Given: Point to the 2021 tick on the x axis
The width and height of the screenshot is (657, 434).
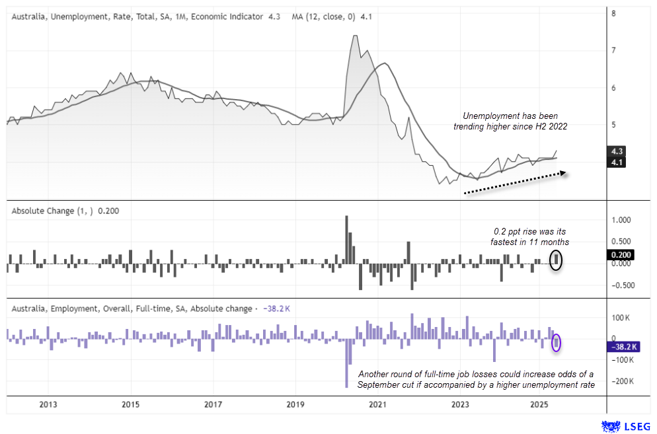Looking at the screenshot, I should pos(377,404).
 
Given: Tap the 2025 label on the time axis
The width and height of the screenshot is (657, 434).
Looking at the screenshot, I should pos(540,404).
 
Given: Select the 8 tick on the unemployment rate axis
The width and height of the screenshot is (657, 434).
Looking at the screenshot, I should pos(614,13).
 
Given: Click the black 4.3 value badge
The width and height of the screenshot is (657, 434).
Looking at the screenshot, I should pos(617,151).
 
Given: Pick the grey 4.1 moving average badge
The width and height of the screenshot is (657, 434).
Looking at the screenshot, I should pos(617,162).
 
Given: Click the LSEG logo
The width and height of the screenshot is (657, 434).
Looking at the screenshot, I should pos(625,427).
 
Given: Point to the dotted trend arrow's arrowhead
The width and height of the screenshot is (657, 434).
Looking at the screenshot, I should pos(564,173).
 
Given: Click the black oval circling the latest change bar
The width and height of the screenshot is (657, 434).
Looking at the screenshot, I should pos(557,259).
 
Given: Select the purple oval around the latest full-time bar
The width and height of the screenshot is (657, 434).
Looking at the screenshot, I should pos(557,343).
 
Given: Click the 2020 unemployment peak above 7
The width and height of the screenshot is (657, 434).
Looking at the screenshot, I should pos(355,36).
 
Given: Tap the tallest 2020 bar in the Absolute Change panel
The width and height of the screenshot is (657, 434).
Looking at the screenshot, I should pos(347,240).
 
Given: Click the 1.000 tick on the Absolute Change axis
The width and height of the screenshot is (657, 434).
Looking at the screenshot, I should pos(622,220).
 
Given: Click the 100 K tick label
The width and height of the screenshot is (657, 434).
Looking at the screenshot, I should pos(622,318).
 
